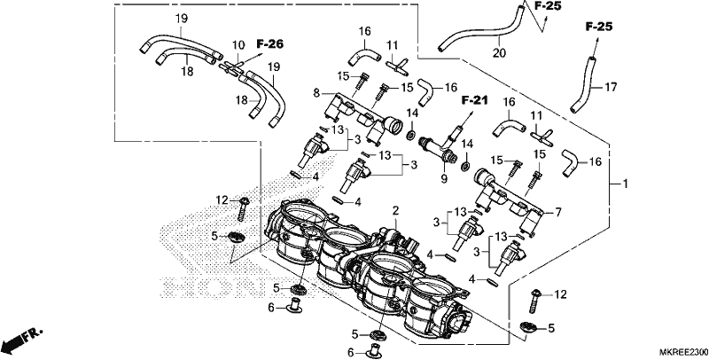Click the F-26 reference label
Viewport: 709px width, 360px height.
270,43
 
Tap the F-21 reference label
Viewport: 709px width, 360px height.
474,100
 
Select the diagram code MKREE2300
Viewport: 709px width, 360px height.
682,352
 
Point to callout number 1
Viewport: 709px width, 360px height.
626,184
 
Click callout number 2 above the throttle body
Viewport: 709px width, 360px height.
395,211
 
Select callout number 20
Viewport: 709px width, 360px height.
499,53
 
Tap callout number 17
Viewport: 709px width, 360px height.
611,87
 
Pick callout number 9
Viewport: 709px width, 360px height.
444,179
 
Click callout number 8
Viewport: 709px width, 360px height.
316,94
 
